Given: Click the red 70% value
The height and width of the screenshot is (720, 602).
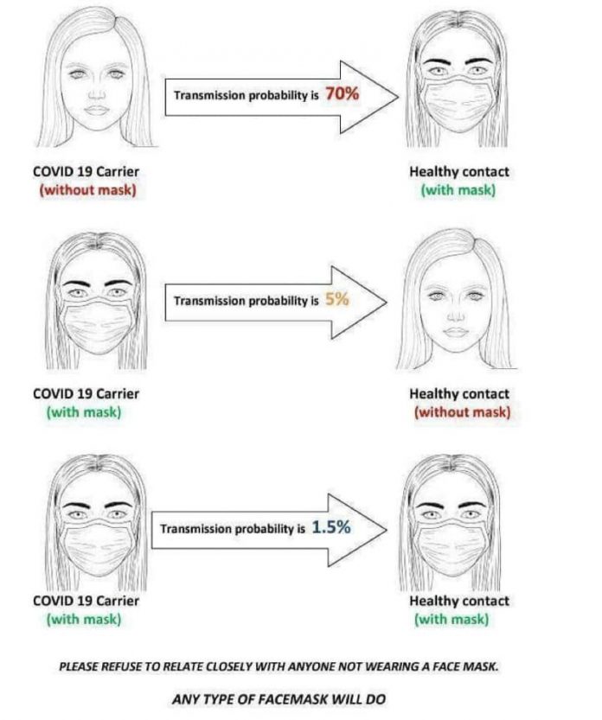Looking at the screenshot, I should click(x=342, y=94).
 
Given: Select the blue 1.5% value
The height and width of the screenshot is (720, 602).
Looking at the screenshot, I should click(x=331, y=526).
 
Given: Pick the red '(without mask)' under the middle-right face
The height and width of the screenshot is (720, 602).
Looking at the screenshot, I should click(x=463, y=411).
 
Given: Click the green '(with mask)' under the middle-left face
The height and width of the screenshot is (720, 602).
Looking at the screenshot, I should click(x=83, y=411).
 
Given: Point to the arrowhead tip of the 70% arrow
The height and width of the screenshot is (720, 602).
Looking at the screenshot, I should click(x=397, y=96).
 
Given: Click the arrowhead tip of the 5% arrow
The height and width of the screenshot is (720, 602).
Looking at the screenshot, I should click(x=386, y=302).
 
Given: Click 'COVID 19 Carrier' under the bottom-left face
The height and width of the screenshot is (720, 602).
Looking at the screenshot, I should click(x=86, y=601).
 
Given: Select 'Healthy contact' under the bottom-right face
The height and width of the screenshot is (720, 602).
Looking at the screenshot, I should click(x=459, y=601).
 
